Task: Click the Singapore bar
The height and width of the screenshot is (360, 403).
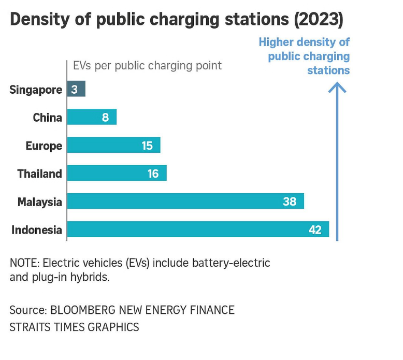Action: point(76,89)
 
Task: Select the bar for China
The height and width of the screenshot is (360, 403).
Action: point(92,117)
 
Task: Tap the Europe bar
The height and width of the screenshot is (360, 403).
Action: point(113,146)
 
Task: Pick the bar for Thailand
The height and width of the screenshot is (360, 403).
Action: point(117,174)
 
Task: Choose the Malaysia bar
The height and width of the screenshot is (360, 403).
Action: point(185,201)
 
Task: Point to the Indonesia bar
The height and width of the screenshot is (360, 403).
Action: point(198,229)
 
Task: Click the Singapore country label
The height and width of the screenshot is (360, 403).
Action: point(36,90)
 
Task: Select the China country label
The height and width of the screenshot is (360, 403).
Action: point(47,118)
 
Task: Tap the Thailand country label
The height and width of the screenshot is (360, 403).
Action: point(39,174)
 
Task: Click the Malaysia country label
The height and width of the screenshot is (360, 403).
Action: point(39,201)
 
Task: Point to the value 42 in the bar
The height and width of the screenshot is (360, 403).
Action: point(315,229)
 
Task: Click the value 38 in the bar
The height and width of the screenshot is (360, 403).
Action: point(290,201)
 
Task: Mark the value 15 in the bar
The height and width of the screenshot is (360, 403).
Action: point(147,146)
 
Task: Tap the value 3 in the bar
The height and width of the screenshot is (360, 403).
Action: point(75,90)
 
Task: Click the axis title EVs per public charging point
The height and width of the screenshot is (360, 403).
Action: point(147,66)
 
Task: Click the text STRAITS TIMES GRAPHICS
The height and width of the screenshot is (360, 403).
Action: point(74,327)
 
